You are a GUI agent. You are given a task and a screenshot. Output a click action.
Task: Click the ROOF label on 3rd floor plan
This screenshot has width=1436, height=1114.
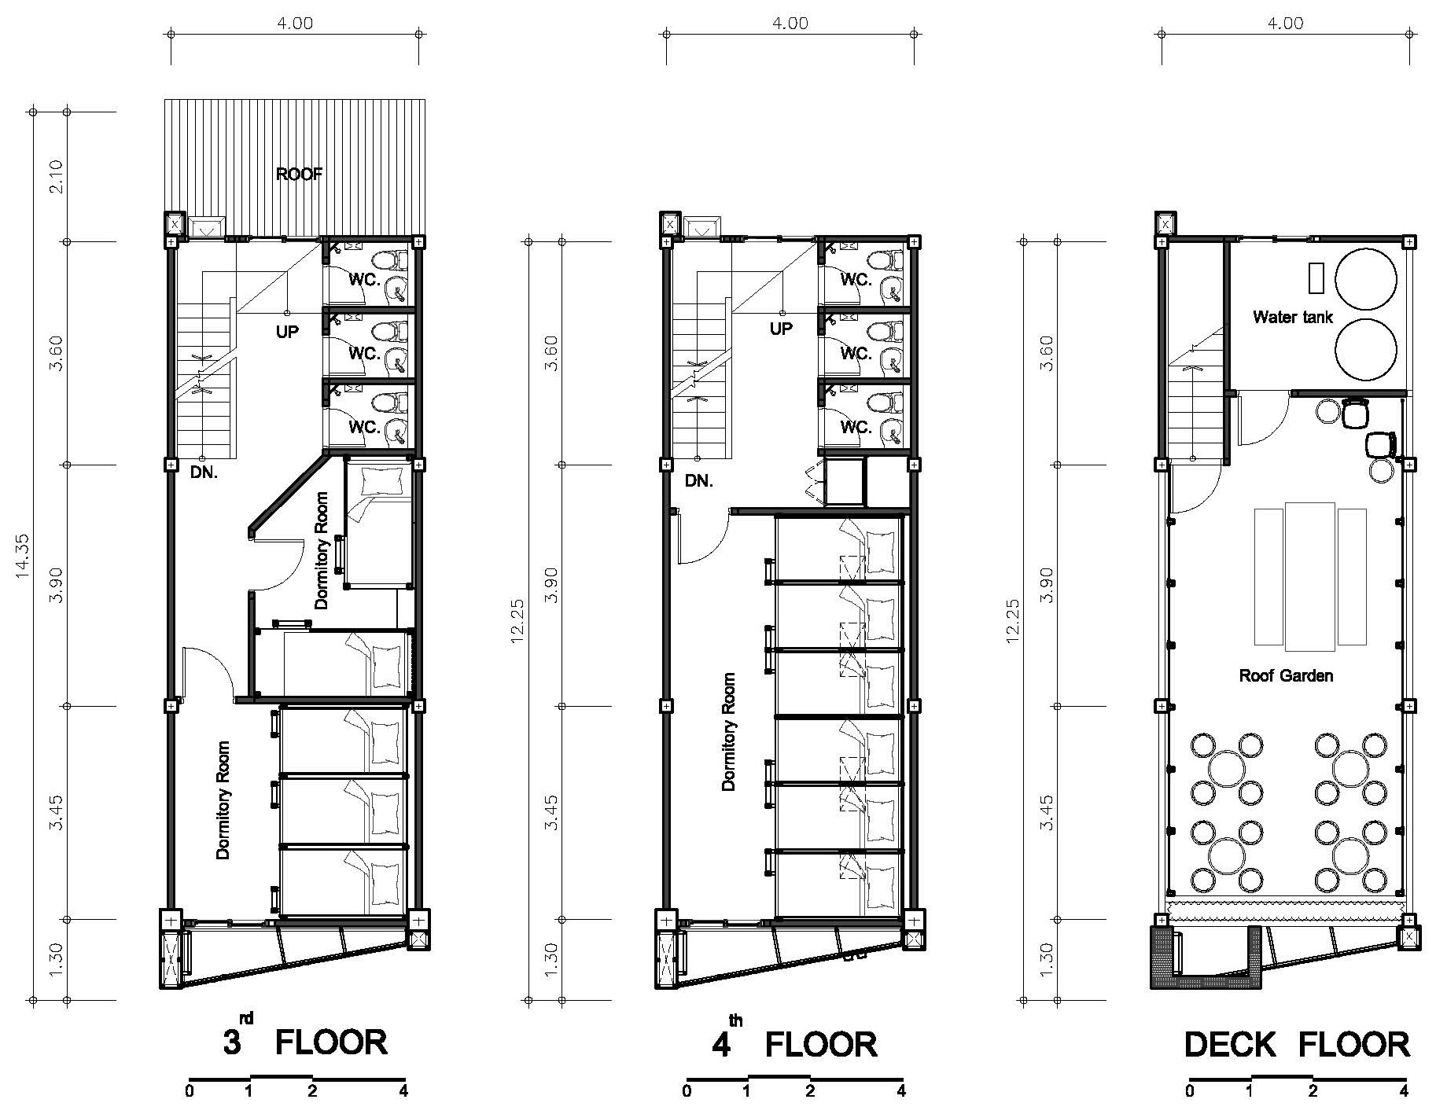[x=299, y=175]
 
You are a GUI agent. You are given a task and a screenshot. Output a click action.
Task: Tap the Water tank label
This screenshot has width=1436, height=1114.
[x=1292, y=318]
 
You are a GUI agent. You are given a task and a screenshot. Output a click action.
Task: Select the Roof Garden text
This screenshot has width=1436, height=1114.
[x=1286, y=675]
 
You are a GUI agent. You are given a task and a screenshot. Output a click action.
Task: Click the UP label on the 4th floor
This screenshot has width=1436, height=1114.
[x=781, y=329]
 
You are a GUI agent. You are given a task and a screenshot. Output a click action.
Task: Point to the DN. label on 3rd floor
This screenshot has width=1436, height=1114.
[x=204, y=473]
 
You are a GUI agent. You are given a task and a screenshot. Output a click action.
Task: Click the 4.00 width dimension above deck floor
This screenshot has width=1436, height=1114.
[x=1284, y=24]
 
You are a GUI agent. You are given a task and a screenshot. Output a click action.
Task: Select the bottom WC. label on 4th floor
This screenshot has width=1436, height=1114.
[x=856, y=428]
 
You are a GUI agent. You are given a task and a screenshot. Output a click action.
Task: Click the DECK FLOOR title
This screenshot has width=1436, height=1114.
[x=1297, y=1045]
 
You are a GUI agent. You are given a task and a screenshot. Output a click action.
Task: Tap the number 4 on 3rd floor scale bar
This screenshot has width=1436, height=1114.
[x=403, y=1091]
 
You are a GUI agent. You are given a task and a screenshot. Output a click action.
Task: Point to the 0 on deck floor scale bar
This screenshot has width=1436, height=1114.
[x=1190, y=1091]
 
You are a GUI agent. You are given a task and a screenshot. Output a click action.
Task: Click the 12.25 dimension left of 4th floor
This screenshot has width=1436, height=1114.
[x=517, y=620]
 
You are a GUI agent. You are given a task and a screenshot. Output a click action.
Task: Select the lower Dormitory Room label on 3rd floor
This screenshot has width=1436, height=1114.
[x=223, y=800]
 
